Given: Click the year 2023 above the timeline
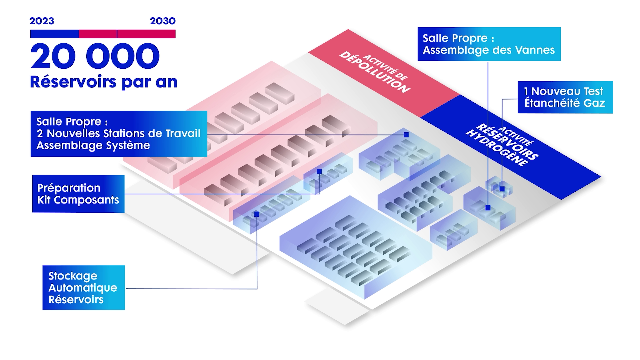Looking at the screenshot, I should pos(42,21).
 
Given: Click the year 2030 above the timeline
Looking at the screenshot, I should pos(163,21).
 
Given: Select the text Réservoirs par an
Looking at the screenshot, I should pos(103,82).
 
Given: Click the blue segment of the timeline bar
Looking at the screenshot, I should pos(54,34).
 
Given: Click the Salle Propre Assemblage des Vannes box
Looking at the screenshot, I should pos(489,44).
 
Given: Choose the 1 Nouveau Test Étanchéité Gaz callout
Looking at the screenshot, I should pos(565,97).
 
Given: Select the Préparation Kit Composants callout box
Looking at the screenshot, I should pos(78,194).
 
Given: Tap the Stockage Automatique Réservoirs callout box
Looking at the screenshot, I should pos(83,288).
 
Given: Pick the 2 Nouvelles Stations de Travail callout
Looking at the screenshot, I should pos(119,134).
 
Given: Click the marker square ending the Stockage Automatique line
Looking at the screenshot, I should pos(257,214).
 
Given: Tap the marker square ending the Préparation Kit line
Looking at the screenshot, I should pos(319,171).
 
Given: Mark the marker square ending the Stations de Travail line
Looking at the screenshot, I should pos(406,135).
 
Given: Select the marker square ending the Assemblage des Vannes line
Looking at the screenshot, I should pos(488,208).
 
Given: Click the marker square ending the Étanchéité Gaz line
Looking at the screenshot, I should pos(502,189).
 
